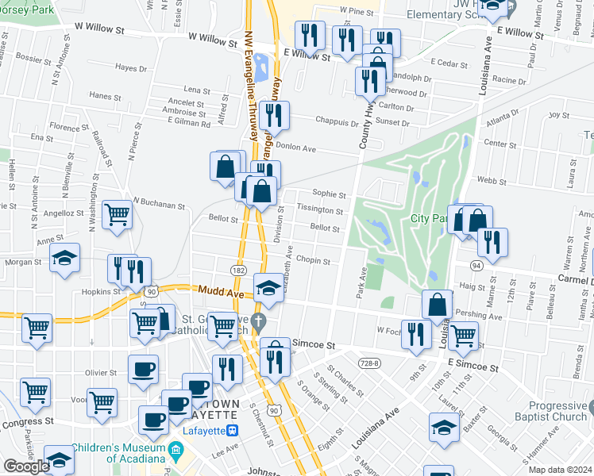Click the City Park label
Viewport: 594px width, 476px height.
pyautogui.click(x=426, y=218)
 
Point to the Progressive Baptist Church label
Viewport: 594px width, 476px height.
pyautogui.click(x=558, y=411)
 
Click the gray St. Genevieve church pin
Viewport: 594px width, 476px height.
pyautogui.click(x=257, y=321)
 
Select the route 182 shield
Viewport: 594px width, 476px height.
pyautogui.click(x=237, y=271)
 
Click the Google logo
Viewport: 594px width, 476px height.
pyautogui.click(x=26, y=466)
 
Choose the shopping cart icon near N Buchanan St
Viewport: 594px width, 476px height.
pyautogui.click(x=117, y=213)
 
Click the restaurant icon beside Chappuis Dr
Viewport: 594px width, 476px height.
pyautogui.click(x=274, y=115)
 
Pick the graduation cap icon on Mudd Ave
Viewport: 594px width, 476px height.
pyautogui.click(x=269, y=286)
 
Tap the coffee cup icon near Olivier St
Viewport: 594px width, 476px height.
pyautogui.click(x=143, y=369)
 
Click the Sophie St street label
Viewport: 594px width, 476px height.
pyautogui.click(x=330, y=194)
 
